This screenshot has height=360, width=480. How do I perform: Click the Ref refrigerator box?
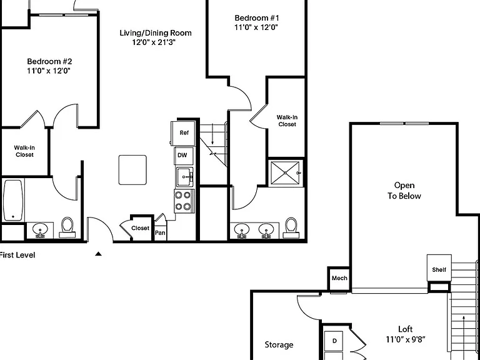pyautogui.click(x=183, y=133)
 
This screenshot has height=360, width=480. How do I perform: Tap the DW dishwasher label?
pyautogui.click(x=182, y=155)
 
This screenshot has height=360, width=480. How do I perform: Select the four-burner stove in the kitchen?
pyautogui.click(x=184, y=201)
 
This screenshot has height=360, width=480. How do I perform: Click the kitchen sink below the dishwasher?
pyautogui.click(x=184, y=177)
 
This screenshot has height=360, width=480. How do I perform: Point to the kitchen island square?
pyautogui.click(x=132, y=170)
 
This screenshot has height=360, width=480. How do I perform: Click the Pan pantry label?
pyautogui.click(x=160, y=233)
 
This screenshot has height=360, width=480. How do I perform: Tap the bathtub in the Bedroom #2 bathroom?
pyautogui.click(x=13, y=200)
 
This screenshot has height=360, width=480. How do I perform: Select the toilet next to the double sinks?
pyautogui.click(x=291, y=227)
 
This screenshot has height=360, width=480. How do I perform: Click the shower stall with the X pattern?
pyautogui.click(x=285, y=173)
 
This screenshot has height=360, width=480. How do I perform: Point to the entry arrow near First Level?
pyautogui.click(x=98, y=254)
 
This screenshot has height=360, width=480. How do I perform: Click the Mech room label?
pyautogui.click(x=339, y=278)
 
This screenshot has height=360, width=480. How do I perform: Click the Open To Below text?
pyautogui.click(x=404, y=191)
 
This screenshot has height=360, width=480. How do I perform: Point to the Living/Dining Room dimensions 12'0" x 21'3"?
pyautogui.click(x=154, y=42)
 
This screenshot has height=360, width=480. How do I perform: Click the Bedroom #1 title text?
pyautogui.click(x=257, y=17)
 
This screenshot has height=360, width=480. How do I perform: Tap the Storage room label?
pyautogui.click(x=279, y=345)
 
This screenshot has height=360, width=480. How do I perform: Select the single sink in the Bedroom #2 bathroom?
pyautogui.click(x=40, y=229)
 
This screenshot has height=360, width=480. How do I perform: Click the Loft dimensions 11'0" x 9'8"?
pyautogui.click(x=405, y=339)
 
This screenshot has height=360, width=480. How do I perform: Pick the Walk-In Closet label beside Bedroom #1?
pyautogui.click(x=287, y=121)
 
